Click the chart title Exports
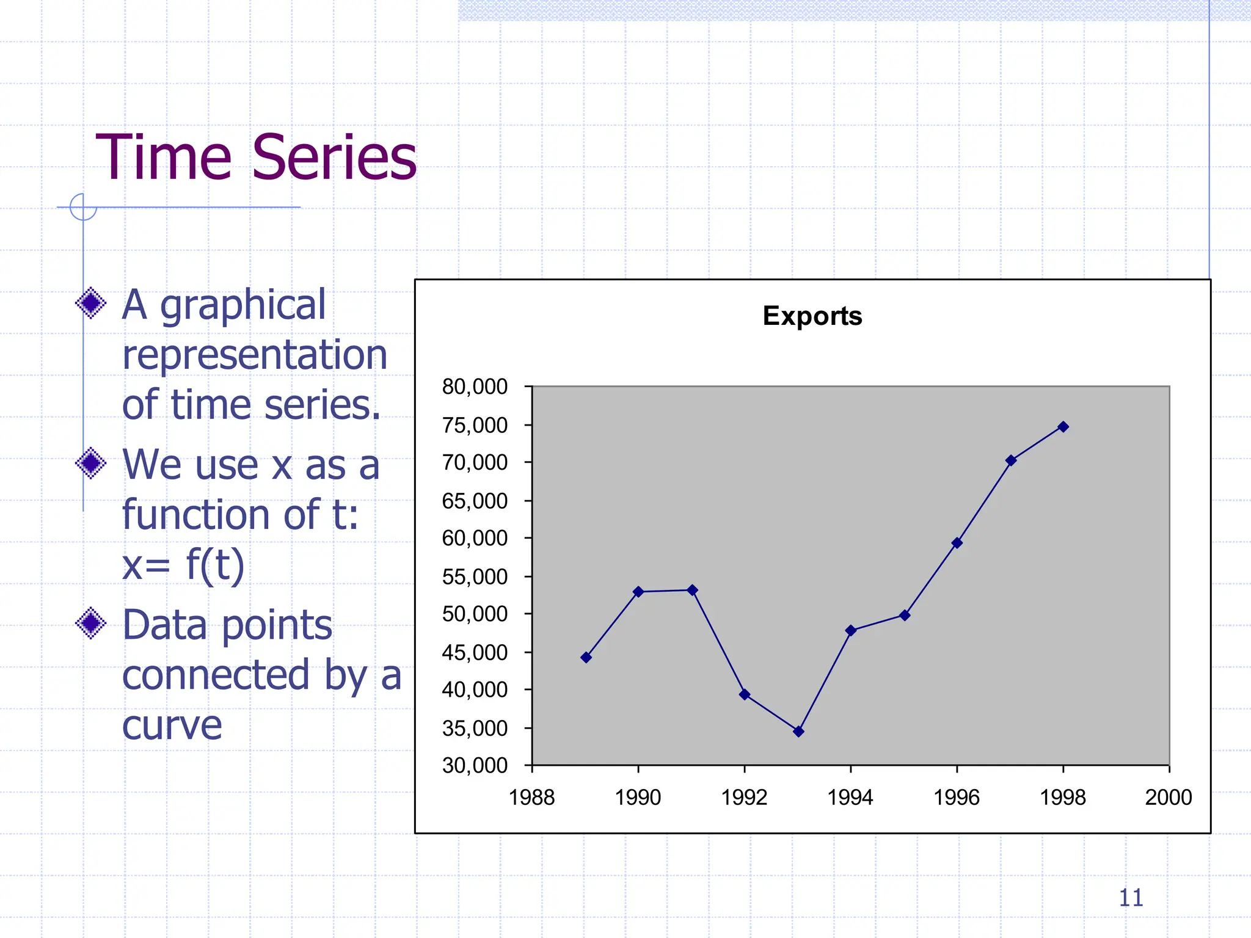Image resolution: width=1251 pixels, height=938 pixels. click(x=812, y=316)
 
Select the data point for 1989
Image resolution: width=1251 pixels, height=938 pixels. click(x=586, y=657)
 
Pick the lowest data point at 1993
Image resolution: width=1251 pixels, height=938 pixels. click(x=798, y=731)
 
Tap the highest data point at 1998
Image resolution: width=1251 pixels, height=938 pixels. click(x=1063, y=427)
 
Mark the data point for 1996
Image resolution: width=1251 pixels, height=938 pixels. click(x=957, y=543)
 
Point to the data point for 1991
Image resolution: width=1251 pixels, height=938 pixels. click(x=692, y=590)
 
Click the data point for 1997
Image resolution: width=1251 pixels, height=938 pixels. click(x=1011, y=460)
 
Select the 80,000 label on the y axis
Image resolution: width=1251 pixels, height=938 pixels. click(x=475, y=387)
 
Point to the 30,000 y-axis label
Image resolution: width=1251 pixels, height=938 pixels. click(x=475, y=765)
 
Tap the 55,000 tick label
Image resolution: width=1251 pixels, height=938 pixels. click(x=475, y=576)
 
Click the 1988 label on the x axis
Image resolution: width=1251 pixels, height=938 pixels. click(x=531, y=797)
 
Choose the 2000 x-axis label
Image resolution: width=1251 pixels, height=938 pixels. click(x=1168, y=797)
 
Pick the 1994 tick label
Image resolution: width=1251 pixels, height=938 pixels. click(x=850, y=797)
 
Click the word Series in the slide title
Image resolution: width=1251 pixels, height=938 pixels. click(x=334, y=158)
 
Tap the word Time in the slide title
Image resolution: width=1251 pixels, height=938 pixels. click(x=164, y=158)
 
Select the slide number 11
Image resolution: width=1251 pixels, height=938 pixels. click(x=1131, y=898)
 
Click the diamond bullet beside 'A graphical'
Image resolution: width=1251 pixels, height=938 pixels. click(x=91, y=303)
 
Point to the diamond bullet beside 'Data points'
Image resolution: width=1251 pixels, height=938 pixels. click(x=91, y=623)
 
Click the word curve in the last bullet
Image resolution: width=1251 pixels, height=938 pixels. click(x=172, y=725)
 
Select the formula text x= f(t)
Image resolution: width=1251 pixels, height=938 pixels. click(x=183, y=565)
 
